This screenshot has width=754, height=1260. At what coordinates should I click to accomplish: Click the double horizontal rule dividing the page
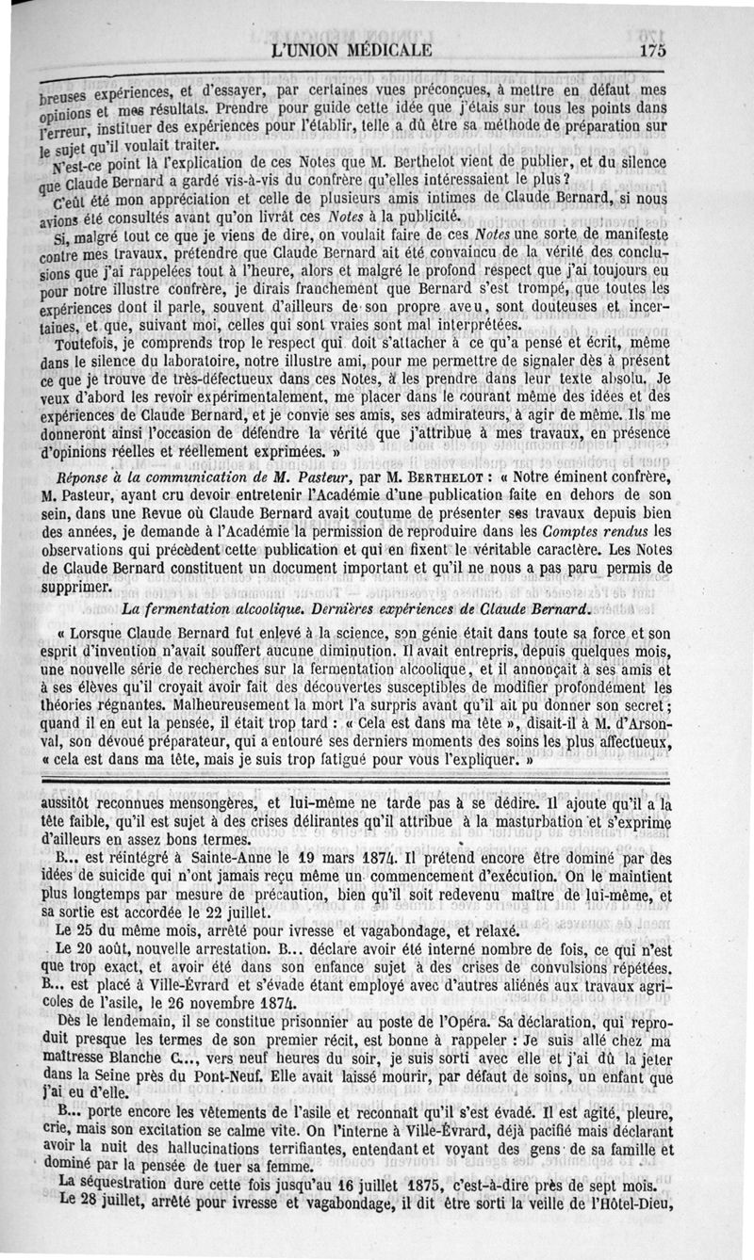[x=377, y=775]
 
